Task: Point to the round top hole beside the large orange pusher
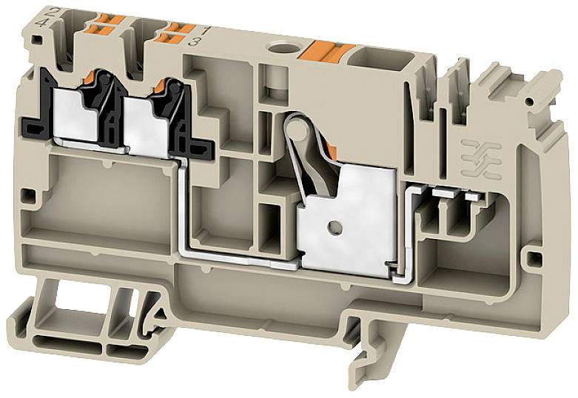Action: click(x=283, y=50)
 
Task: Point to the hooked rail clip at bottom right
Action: click(x=370, y=351)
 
